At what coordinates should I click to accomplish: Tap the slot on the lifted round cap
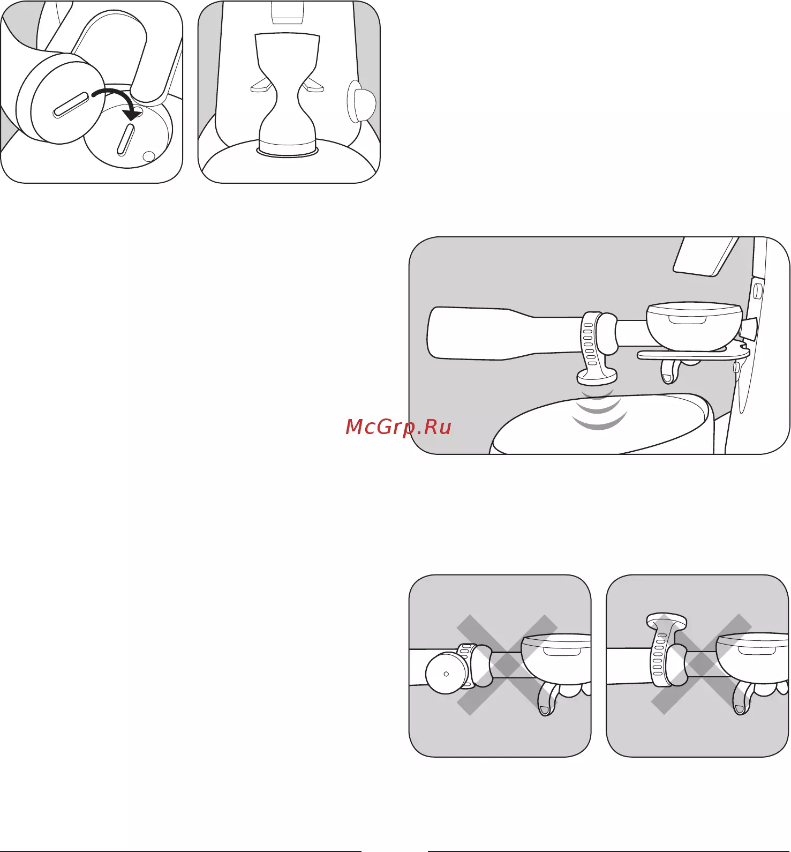(x=71, y=105)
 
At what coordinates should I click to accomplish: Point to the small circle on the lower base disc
(x=149, y=156)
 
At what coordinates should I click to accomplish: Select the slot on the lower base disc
(x=125, y=139)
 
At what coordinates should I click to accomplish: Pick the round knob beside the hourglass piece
(x=361, y=101)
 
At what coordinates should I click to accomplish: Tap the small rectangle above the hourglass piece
(x=288, y=12)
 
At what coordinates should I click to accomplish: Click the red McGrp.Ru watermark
(x=398, y=427)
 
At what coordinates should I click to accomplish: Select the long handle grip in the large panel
(x=482, y=333)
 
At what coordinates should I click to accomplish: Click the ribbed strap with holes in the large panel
(x=589, y=341)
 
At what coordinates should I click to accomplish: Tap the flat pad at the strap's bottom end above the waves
(x=597, y=377)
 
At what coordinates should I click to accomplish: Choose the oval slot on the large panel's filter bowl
(x=687, y=319)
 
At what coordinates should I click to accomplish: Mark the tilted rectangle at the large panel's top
(x=706, y=256)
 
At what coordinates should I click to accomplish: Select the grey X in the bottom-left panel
(x=507, y=664)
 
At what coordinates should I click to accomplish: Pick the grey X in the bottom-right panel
(x=701, y=664)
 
